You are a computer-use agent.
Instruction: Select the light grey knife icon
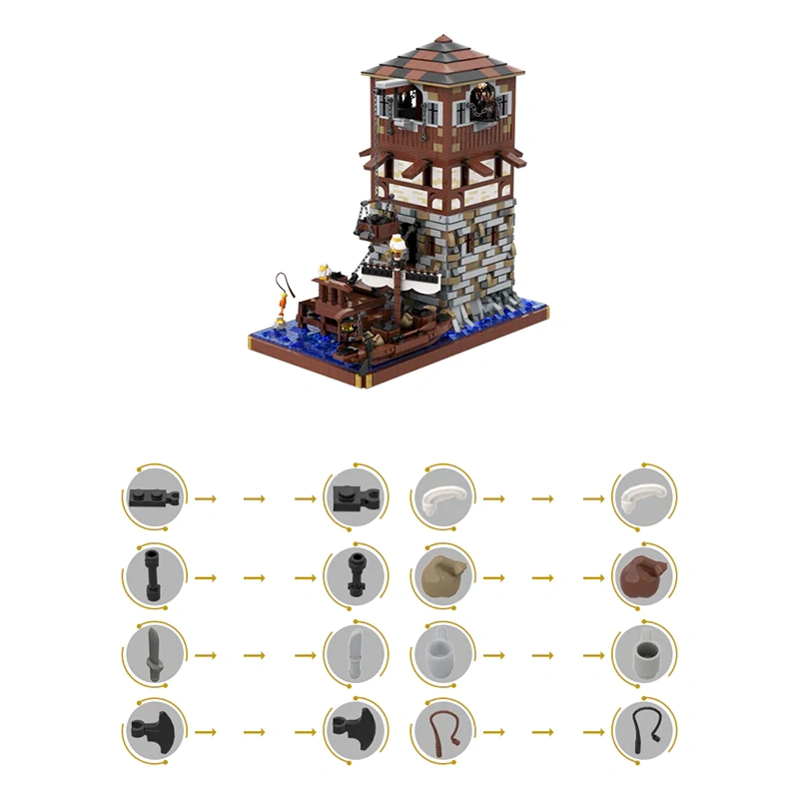point(355,652)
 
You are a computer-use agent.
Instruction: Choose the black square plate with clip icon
point(355,494)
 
